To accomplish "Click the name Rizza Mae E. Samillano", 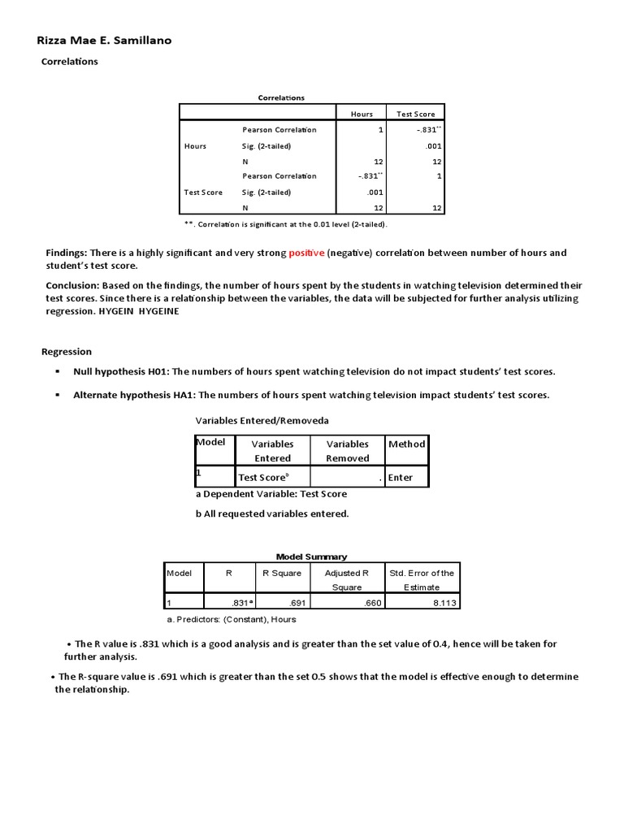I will click(x=105, y=41).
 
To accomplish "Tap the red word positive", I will click(x=306, y=253).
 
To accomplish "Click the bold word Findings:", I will click(x=67, y=253).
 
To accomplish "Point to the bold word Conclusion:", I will click(x=71, y=285).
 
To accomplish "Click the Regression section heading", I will click(x=67, y=352).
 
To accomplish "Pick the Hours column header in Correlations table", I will click(x=362, y=114).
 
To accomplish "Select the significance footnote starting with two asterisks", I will click(x=286, y=223).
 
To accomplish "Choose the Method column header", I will click(x=406, y=444).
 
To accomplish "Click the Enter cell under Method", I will click(x=400, y=478).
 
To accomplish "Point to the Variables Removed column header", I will click(x=347, y=451).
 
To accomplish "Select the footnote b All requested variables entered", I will click(x=271, y=513).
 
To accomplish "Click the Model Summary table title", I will click(x=311, y=557).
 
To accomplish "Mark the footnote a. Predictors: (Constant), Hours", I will click(x=231, y=620).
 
